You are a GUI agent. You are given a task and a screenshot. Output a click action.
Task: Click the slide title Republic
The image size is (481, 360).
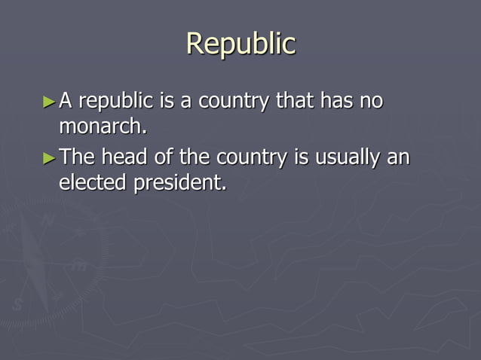pyautogui.click(x=240, y=44)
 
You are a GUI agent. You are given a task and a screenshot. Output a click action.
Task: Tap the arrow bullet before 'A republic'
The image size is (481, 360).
pyautogui.click(x=49, y=100)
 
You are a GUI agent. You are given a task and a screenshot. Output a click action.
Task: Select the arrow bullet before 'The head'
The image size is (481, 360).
pyautogui.click(x=49, y=158)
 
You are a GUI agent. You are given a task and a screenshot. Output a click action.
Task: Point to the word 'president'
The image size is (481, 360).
pyautogui.click(x=179, y=183)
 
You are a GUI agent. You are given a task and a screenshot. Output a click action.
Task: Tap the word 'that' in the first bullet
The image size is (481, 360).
pyautogui.click(x=293, y=100)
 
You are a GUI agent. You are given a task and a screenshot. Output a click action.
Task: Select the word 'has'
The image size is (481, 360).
pyautogui.click(x=337, y=100)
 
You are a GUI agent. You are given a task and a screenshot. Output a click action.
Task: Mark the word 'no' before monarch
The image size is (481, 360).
pyautogui.click(x=372, y=100)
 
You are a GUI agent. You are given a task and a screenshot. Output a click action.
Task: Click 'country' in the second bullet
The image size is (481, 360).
pyautogui.click(x=252, y=159)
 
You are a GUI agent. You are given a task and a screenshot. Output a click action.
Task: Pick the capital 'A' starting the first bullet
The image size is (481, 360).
pyautogui.click(x=66, y=100)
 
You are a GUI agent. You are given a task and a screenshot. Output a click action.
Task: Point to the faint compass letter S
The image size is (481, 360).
pyautogui.click(x=17, y=305)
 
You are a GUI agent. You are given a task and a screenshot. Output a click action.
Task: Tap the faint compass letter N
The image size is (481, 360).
pyautogui.click(x=49, y=221)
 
